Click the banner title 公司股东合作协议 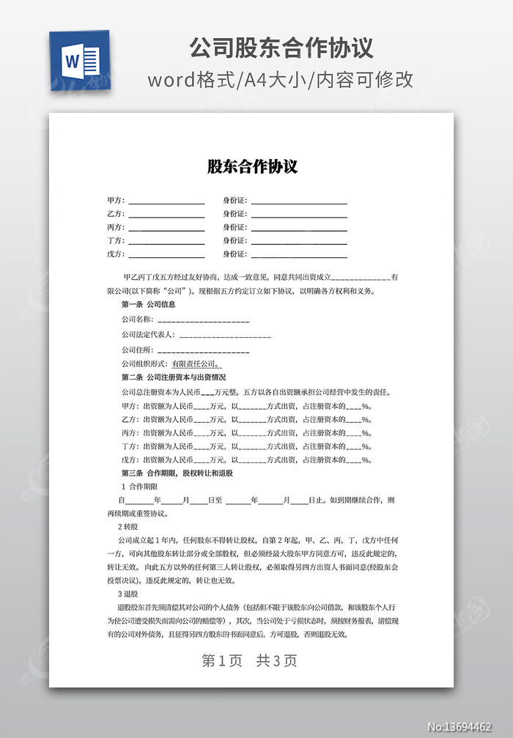tap(281, 48)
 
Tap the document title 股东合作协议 tap(252, 166)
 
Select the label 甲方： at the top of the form tap(116, 201)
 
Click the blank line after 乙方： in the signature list tap(166, 214)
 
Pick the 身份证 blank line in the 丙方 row tap(299, 227)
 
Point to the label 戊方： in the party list tap(116, 254)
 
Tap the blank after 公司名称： tap(203, 320)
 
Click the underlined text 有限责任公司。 tap(196, 364)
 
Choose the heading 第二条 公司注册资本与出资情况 tap(174, 377)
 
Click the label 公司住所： tap(138, 350)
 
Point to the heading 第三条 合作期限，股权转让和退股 tap(177, 473)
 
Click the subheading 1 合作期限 tap(139, 487)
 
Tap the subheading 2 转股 tap(128, 527)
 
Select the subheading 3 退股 tap(128, 594)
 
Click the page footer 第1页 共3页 tap(249, 660)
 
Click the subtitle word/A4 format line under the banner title tap(281, 79)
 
